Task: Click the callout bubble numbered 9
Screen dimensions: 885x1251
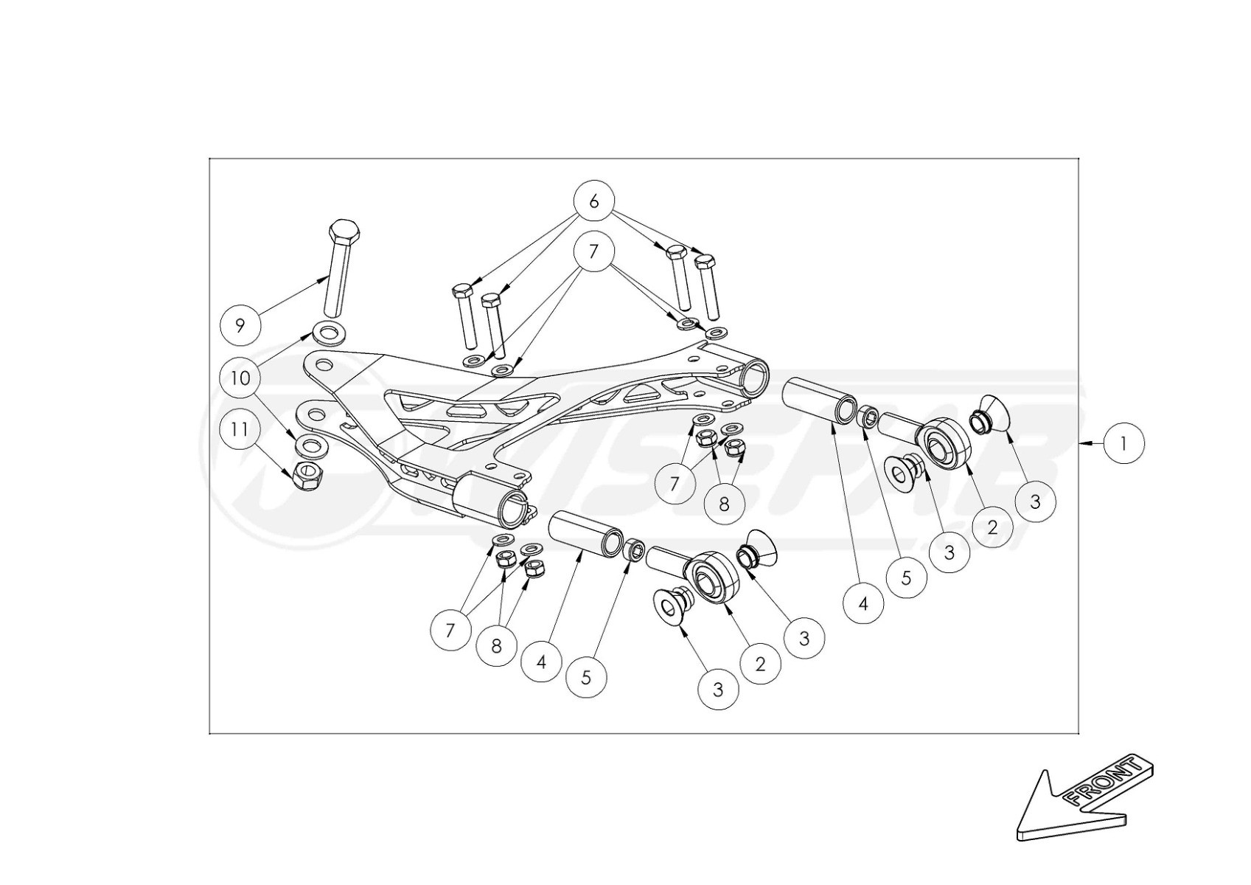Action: pyautogui.click(x=240, y=325)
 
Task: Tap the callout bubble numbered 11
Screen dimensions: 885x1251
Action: pyautogui.click(x=240, y=429)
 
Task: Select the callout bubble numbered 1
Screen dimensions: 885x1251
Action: pyautogui.click(x=1123, y=443)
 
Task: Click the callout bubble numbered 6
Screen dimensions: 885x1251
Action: pyautogui.click(x=594, y=201)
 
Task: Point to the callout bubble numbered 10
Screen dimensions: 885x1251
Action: pyautogui.click(x=240, y=378)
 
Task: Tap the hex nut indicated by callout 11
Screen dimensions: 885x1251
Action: pyautogui.click(x=305, y=477)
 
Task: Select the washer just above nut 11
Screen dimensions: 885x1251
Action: pyautogui.click(x=312, y=445)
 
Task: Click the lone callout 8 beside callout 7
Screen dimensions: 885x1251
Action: pyautogui.click(x=724, y=504)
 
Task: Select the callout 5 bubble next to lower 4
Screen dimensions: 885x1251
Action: pyautogui.click(x=586, y=677)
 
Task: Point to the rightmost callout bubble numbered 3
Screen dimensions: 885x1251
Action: pyautogui.click(x=1035, y=502)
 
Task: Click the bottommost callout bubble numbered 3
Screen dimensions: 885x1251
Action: pyautogui.click(x=718, y=690)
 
